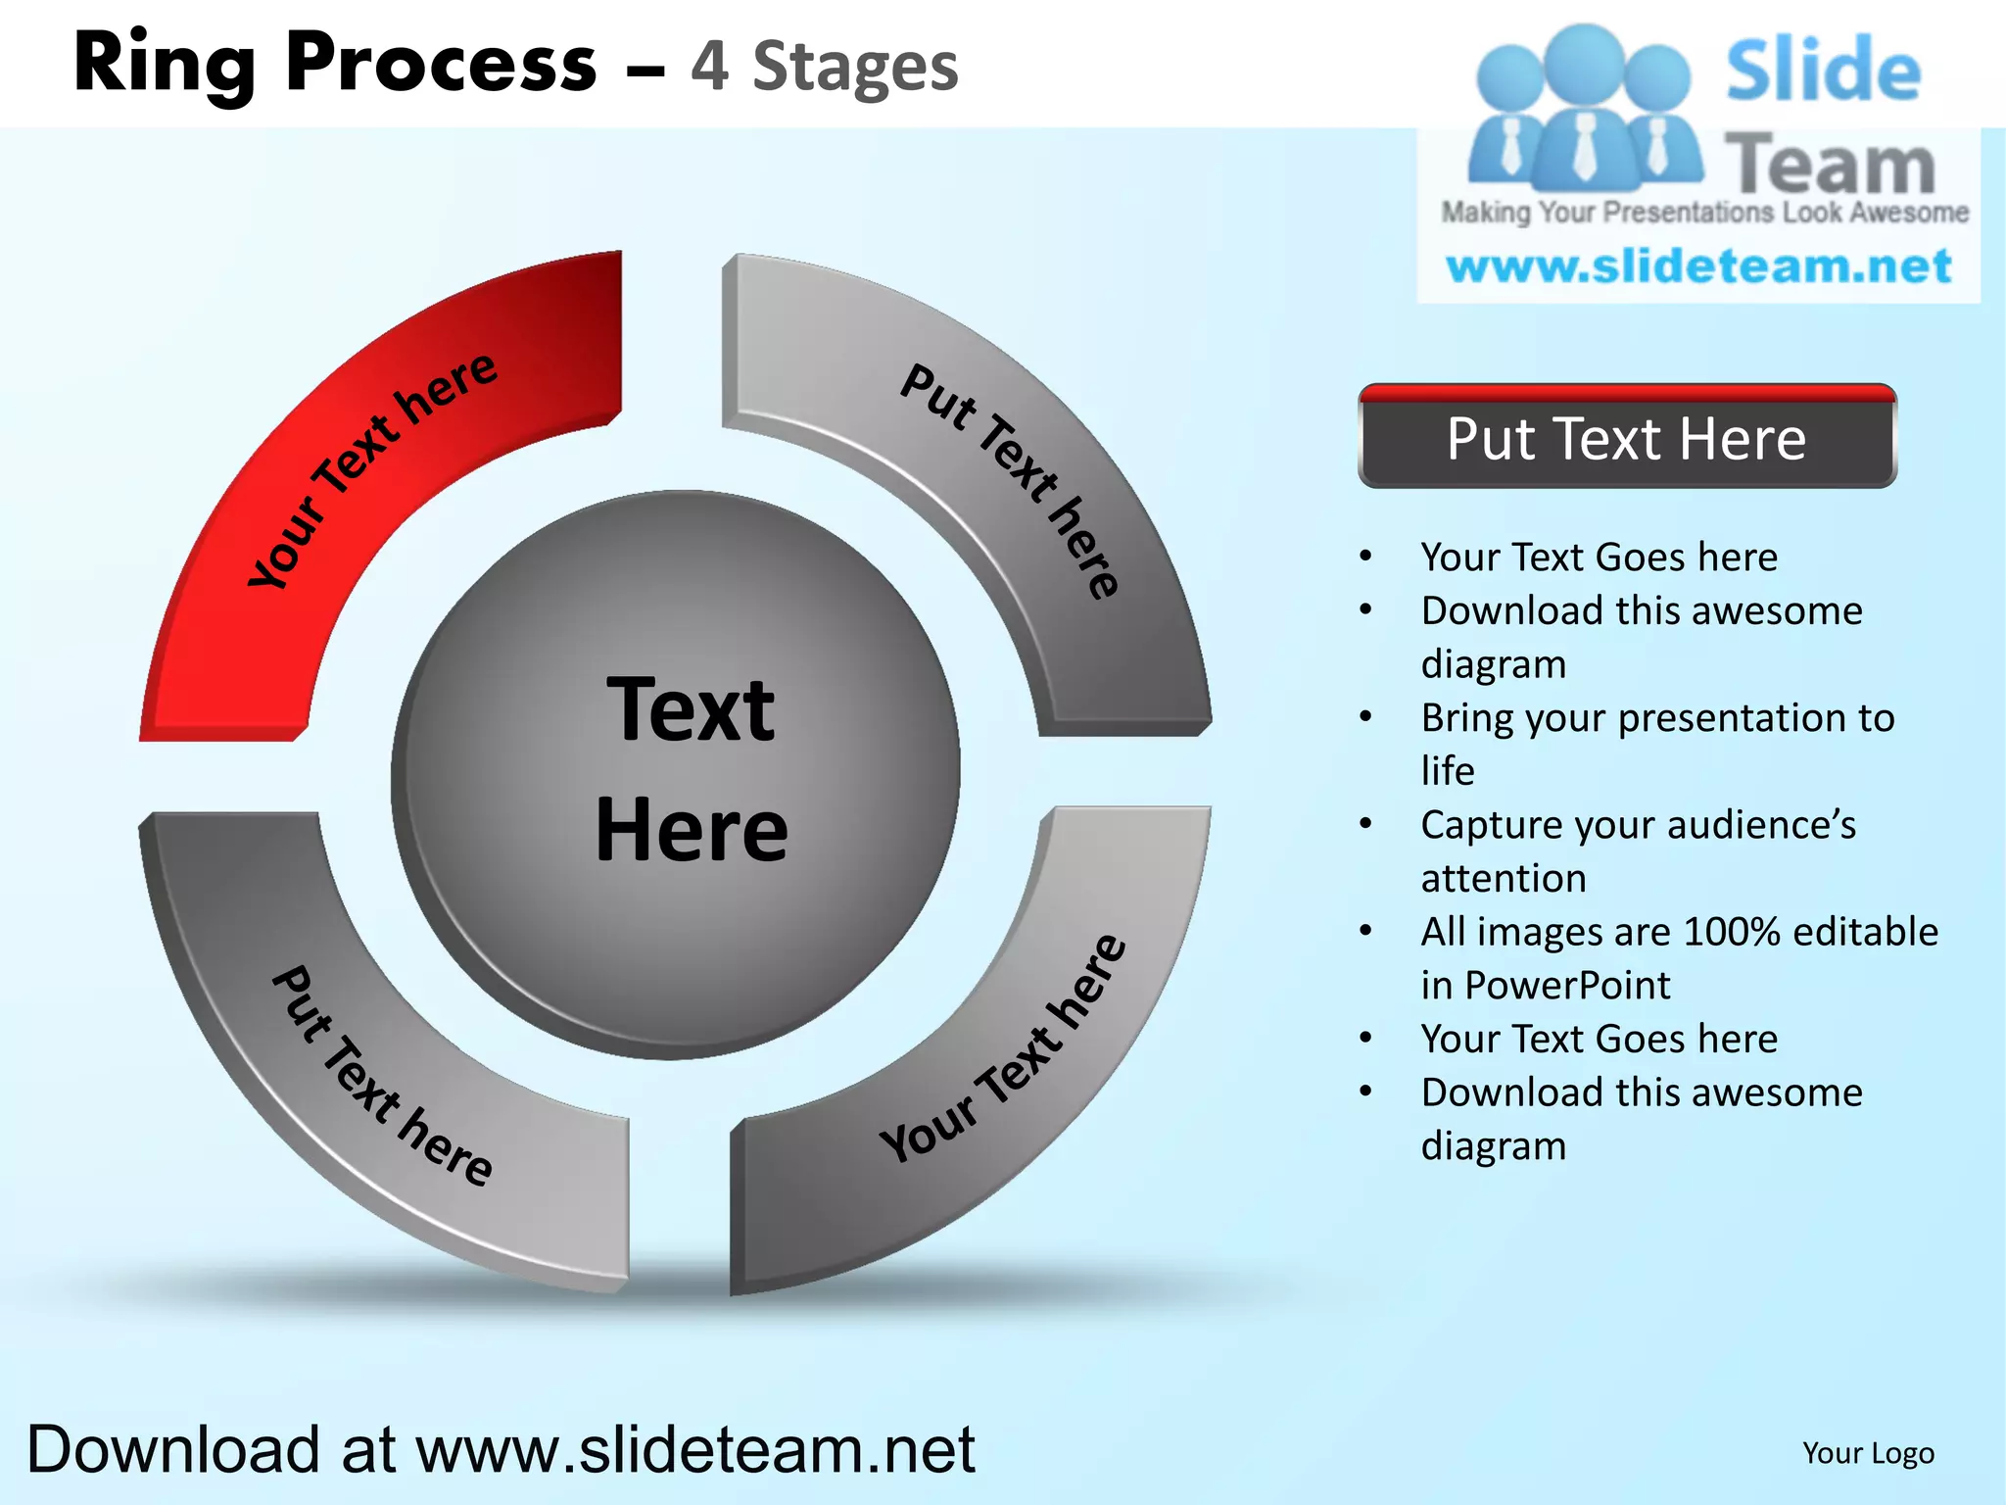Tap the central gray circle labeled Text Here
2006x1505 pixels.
(676, 774)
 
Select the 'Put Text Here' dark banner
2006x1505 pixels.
(1626, 439)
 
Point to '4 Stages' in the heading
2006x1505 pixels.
(824, 67)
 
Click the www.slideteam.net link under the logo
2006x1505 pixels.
(1698, 267)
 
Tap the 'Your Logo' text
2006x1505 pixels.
(1868, 1453)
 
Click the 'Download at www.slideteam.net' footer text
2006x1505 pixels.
(500, 1449)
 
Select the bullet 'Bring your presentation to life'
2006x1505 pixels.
(1655, 744)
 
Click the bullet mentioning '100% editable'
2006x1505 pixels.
(1677, 957)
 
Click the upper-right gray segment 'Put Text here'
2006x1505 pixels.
(1009, 480)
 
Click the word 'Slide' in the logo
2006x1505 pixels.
(1822, 71)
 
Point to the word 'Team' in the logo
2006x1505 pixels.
(1830, 165)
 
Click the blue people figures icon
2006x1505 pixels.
(1584, 108)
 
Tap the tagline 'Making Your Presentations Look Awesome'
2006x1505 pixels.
(1704, 213)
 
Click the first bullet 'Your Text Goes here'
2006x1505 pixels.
(1599, 557)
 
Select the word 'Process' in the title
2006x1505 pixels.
(441, 64)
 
